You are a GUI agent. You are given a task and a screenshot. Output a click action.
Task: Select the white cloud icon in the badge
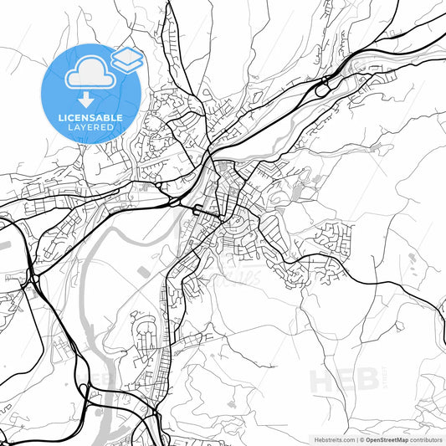click(x=85, y=76)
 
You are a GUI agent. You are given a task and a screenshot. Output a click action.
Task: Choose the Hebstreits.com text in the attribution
click(x=334, y=438)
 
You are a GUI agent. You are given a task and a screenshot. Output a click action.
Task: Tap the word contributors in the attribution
click(x=426, y=438)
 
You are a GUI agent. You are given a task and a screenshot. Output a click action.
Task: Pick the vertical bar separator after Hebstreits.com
click(x=358, y=438)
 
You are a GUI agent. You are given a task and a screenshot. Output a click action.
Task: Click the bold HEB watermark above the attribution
click(x=339, y=381)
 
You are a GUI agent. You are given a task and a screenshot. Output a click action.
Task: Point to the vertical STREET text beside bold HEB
click(x=373, y=381)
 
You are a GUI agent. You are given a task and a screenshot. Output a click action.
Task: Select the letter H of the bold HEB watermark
click(x=320, y=381)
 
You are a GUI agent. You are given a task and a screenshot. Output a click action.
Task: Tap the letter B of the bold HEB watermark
click(x=357, y=381)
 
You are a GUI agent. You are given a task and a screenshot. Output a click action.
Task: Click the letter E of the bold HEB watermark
click(x=340, y=381)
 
